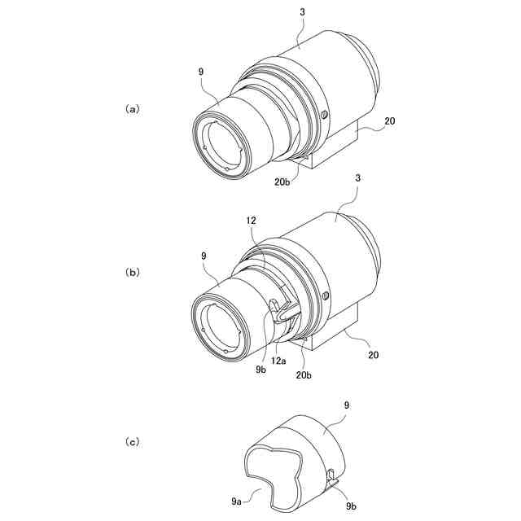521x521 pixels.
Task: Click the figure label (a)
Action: (132, 107)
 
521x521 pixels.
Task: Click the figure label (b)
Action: (132, 273)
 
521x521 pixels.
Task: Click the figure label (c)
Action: (132, 442)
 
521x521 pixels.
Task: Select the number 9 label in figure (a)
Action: (200, 72)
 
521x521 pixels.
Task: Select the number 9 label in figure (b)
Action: (200, 255)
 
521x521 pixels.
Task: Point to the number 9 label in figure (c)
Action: (346, 405)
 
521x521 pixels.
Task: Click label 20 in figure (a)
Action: (390, 121)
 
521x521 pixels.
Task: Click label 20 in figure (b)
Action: (372, 355)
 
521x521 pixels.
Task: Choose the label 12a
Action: (278, 358)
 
